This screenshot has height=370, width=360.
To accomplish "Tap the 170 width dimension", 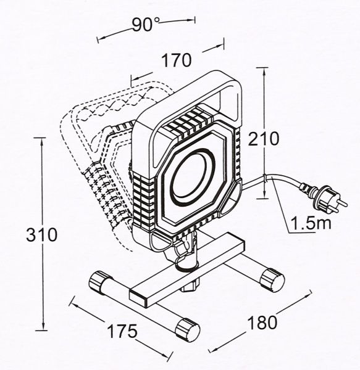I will click(176, 60).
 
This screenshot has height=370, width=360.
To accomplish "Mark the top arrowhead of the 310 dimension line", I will click(42, 141).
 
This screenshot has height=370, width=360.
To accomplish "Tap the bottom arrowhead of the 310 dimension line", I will click(43, 329).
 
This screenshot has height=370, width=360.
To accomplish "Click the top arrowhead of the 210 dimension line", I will click(266, 68).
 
